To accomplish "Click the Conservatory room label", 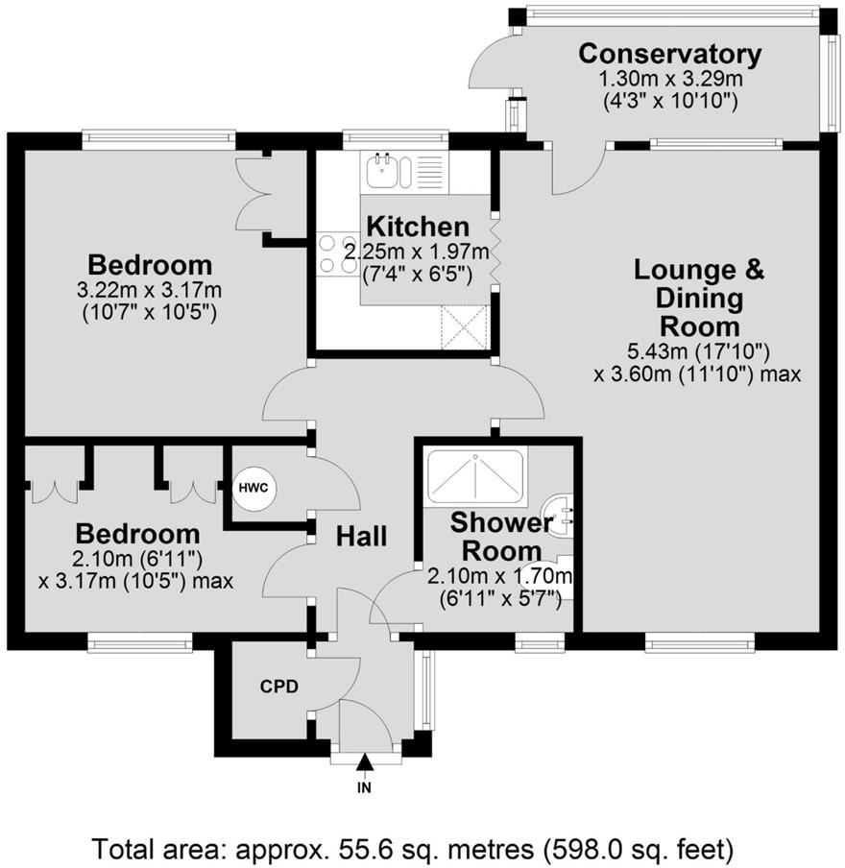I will tap(669, 54).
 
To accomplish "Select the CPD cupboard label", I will tap(279, 687).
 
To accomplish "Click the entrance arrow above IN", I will tap(364, 764).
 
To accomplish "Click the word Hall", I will tap(361, 536).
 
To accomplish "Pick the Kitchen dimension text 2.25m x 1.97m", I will tap(417, 252).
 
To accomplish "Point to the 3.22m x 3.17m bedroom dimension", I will tap(149, 290).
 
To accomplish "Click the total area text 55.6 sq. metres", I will tap(412, 849).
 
